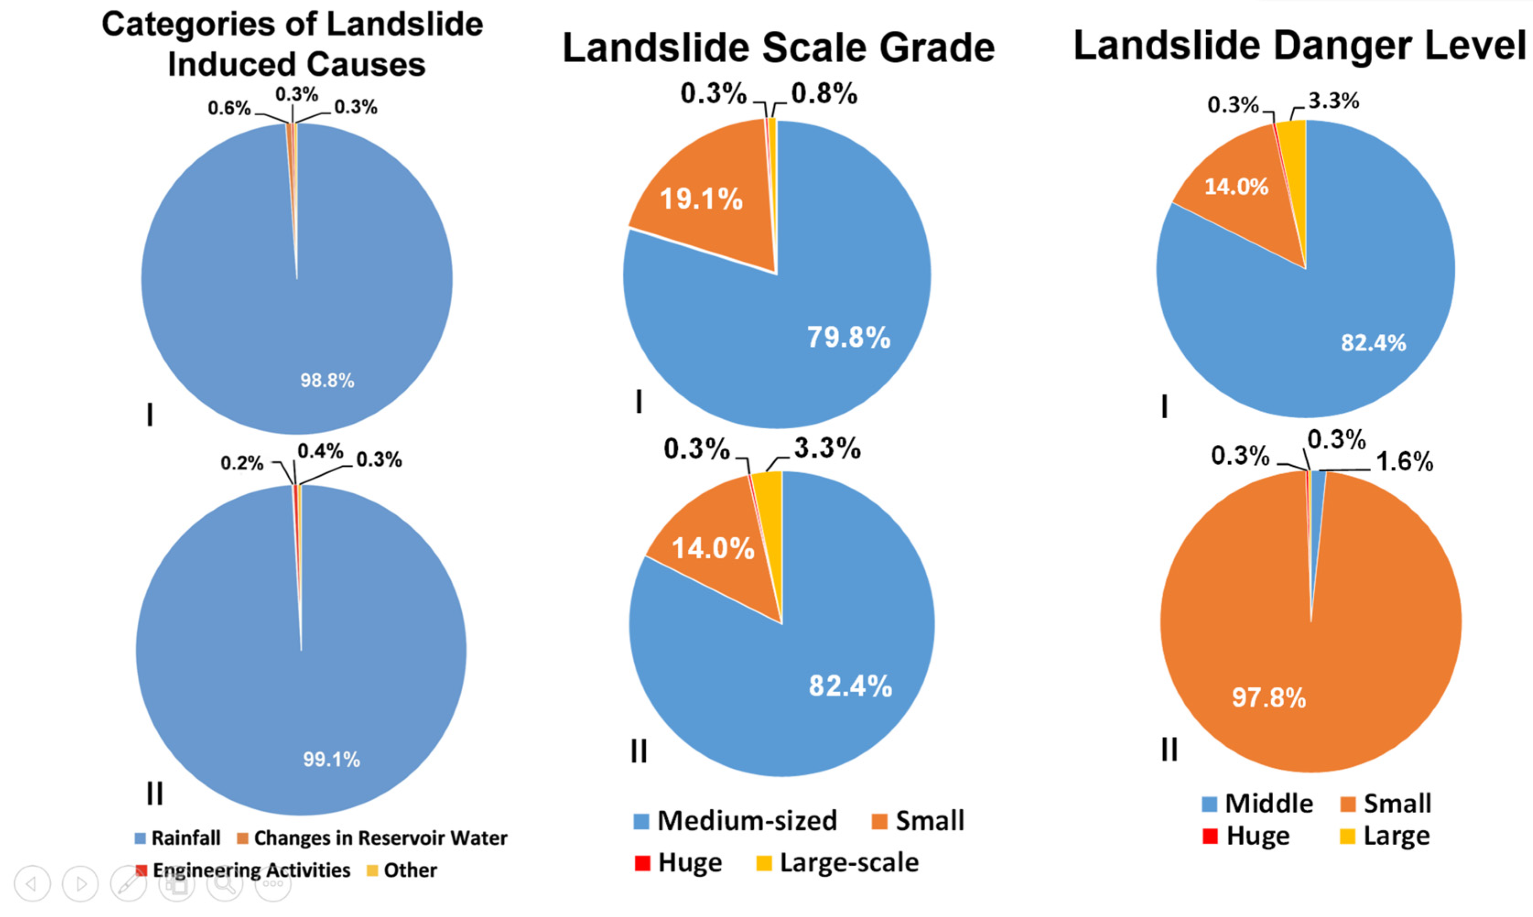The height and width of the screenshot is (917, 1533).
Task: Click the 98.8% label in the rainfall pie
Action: click(327, 380)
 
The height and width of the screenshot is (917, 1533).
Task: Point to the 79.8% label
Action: click(848, 337)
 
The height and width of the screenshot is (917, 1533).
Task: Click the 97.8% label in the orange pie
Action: click(1269, 698)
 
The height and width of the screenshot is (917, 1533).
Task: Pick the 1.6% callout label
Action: click(1404, 462)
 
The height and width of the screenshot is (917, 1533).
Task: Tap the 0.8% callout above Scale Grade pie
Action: click(824, 94)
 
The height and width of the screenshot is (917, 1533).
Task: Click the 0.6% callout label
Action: click(229, 108)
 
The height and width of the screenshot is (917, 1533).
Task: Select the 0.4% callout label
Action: click(320, 451)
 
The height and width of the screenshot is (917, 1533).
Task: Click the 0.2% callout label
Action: click(242, 463)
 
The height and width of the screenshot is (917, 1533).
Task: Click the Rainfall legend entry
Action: click(185, 838)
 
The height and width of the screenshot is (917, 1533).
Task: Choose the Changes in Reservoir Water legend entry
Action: click(380, 838)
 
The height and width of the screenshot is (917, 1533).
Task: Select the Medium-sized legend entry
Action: click(746, 820)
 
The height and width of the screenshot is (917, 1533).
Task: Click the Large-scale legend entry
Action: click(848, 863)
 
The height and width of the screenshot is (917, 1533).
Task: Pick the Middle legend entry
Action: click(1268, 804)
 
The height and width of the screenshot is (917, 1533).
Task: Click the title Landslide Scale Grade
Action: click(778, 48)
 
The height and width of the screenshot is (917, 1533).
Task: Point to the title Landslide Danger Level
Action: click(1300, 46)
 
